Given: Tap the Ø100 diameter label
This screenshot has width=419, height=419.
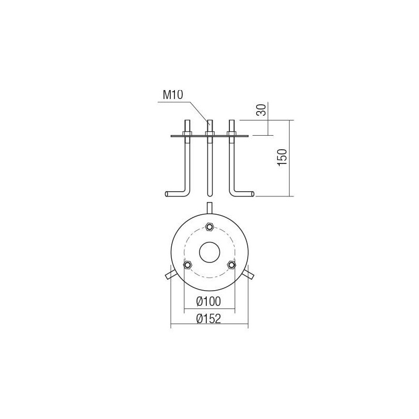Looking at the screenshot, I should (209, 301).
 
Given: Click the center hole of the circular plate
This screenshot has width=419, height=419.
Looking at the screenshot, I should (209, 251).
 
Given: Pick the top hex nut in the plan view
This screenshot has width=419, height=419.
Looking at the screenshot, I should (209, 226).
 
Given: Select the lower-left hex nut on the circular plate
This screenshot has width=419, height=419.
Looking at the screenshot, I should (187, 265).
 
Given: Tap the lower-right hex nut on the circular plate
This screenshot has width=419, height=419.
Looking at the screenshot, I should (231, 265).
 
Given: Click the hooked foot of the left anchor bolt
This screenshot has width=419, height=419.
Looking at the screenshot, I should (173, 194).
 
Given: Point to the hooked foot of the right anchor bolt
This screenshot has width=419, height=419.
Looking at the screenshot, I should (245, 194).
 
